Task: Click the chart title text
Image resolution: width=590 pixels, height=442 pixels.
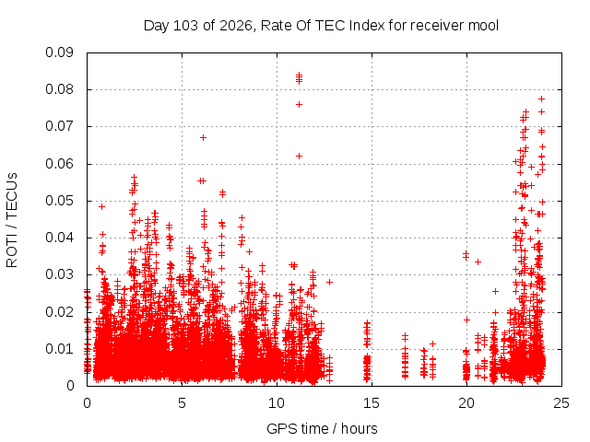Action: click(x=321, y=26)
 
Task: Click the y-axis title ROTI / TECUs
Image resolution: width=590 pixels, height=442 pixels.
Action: click(x=12, y=220)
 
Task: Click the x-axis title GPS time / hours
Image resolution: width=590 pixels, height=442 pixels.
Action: click(x=322, y=428)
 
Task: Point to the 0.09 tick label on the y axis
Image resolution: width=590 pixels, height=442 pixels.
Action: click(x=59, y=52)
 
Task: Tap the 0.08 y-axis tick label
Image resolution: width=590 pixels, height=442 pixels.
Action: click(x=59, y=89)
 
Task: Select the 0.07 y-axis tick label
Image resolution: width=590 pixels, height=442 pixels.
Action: click(x=59, y=126)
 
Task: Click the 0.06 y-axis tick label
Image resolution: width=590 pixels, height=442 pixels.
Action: click(x=59, y=164)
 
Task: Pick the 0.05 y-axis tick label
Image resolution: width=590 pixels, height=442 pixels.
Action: click(x=59, y=201)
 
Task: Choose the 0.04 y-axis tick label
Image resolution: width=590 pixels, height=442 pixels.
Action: click(x=59, y=238)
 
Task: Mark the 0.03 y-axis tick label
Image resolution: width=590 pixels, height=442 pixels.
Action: click(x=59, y=274)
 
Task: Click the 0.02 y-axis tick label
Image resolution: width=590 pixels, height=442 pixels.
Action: click(x=59, y=312)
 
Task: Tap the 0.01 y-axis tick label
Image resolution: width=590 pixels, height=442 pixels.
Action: click(x=59, y=349)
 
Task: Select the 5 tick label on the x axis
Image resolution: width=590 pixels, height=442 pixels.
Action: click(x=183, y=403)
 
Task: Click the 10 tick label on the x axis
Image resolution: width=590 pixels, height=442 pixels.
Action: click(x=277, y=403)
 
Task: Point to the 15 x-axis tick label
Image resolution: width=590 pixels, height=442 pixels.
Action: click(x=372, y=403)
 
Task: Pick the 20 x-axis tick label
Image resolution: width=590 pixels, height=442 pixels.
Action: click(x=466, y=403)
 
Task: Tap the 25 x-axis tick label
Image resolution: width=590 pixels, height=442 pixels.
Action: click(x=561, y=403)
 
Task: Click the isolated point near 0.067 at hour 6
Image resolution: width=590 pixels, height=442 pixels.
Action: click(x=203, y=138)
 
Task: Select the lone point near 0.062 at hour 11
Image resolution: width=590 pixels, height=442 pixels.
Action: click(x=299, y=156)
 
